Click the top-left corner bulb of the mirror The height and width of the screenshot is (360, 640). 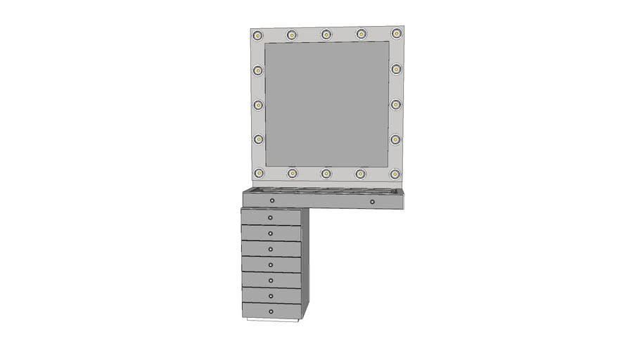[258, 35]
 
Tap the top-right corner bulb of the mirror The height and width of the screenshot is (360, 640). [397, 33]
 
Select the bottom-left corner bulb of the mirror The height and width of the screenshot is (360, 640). [259, 173]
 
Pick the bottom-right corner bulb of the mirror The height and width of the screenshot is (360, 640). [396, 173]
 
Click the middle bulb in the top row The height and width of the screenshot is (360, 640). [326, 34]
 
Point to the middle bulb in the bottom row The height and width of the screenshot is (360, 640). [326, 173]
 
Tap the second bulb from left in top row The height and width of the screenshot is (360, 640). [291, 34]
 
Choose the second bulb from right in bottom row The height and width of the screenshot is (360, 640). [361, 173]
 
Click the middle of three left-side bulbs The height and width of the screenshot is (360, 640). [258, 105]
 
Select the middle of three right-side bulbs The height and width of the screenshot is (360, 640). [396, 105]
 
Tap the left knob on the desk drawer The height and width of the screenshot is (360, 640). [272, 201]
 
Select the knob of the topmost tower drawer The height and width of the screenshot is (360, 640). [271, 217]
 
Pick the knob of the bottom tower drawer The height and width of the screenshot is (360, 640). [271, 311]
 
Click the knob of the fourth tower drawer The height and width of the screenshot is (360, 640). [271, 264]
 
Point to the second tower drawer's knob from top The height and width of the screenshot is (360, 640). [271, 233]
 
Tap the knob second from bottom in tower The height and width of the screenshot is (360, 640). [271, 296]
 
